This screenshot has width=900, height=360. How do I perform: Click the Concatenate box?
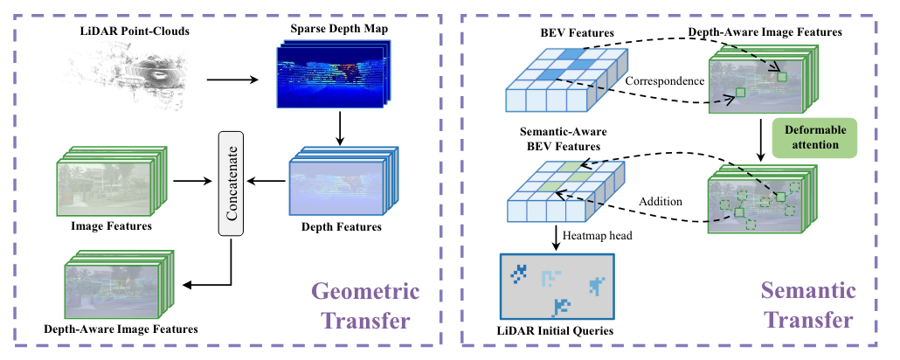(231, 182)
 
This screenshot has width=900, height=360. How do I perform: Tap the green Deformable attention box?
(813, 138)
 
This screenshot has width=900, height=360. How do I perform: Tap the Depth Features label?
(339, 228)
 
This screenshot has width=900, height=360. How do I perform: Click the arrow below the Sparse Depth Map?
(339, 128)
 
